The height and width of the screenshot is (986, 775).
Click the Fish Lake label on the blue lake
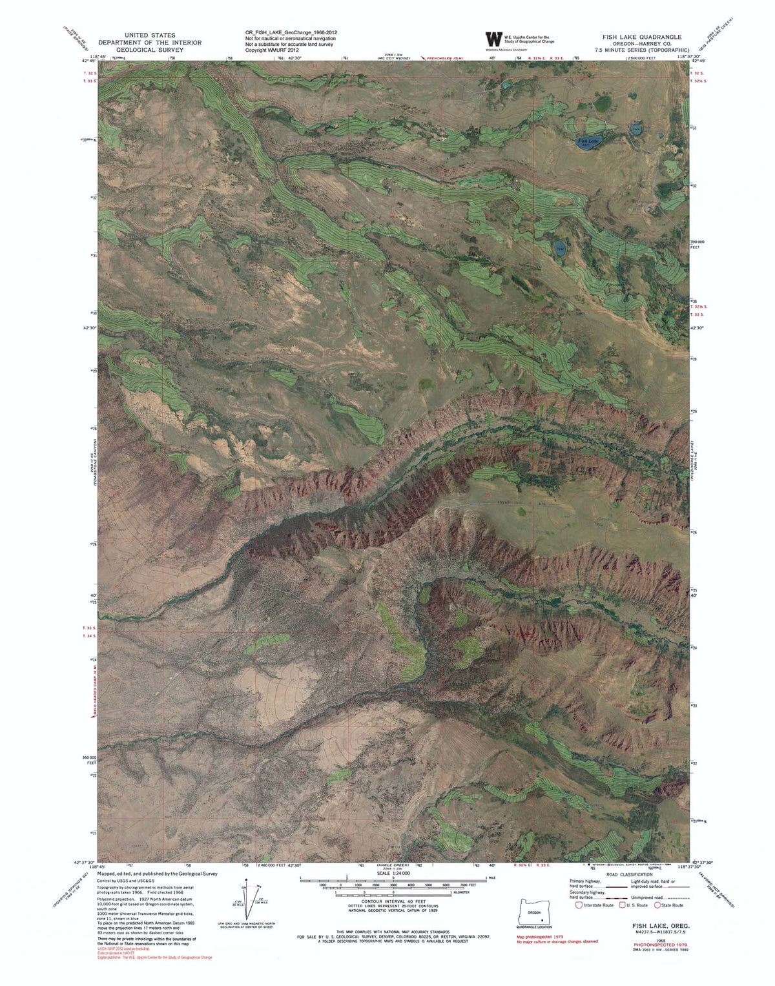[588, 139]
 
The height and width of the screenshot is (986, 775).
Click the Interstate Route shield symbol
[579, 905]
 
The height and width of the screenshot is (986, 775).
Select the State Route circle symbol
[657, 905]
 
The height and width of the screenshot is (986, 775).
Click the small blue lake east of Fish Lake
[636, 130]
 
